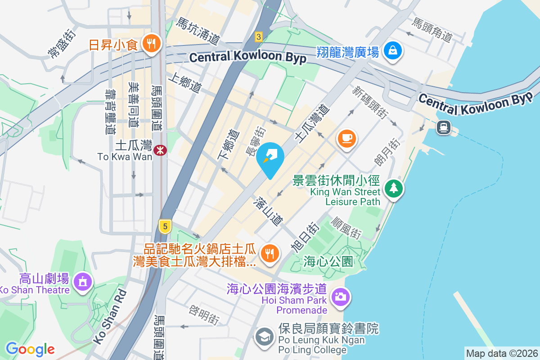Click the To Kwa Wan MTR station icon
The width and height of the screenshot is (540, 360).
tap(159, 150)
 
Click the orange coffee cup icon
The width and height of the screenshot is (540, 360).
tap(346, 138)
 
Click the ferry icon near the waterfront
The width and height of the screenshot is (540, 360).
tap(443, 127)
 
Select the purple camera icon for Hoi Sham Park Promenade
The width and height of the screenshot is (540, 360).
tap(341, 297)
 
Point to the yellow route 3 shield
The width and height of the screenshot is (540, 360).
tap(258, 37)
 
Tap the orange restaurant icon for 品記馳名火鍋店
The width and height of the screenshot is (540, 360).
tap(270, 253)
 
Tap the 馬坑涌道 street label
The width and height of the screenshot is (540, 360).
tap(197, 31)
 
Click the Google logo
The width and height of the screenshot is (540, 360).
tap(30, 349)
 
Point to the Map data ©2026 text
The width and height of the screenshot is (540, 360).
tap(501, 353)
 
